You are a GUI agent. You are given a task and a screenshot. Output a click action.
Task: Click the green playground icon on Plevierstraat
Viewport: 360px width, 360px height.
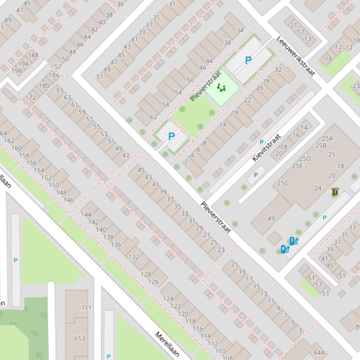click(221, 87)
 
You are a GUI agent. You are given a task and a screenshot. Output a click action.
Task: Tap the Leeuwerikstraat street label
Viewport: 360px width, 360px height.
click(296, 56)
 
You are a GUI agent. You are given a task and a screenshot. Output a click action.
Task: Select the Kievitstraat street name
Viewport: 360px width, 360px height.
click(267, 147)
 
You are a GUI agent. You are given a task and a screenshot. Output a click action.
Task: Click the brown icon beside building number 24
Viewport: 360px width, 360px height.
click(335, 192)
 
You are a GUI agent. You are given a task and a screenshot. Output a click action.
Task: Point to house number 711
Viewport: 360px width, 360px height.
click(86, 308)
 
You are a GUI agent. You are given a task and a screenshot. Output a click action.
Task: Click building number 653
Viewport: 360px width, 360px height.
click(80, 338)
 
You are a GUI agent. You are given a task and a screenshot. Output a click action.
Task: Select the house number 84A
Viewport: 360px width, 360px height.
click(319, 353)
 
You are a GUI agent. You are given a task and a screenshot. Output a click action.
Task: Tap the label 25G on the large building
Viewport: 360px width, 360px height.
click(283, 183)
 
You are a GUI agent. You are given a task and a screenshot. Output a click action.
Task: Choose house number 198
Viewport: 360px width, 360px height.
click(16, 71)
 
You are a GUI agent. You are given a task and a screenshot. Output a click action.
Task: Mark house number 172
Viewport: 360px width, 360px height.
click(30, 98)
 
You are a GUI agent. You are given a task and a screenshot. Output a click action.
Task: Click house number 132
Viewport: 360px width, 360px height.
click(133, 257)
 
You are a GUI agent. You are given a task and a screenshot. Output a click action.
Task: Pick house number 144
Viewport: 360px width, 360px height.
click(86, 215)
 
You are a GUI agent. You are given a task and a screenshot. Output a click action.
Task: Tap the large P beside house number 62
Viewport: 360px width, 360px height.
click(171, 137)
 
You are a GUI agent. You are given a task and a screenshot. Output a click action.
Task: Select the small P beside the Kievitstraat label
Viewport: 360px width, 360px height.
click(262, 142)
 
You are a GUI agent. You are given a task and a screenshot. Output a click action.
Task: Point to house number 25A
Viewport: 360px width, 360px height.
click(327, 138)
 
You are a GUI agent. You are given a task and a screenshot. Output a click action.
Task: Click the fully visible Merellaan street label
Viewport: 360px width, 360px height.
click(167, 344)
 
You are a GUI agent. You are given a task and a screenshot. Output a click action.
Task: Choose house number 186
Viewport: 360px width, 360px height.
click(54, 75)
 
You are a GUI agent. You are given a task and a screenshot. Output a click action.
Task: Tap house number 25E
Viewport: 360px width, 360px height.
click(297, 166)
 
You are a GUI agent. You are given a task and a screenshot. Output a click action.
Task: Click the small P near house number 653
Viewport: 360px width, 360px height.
click(109, 356)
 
